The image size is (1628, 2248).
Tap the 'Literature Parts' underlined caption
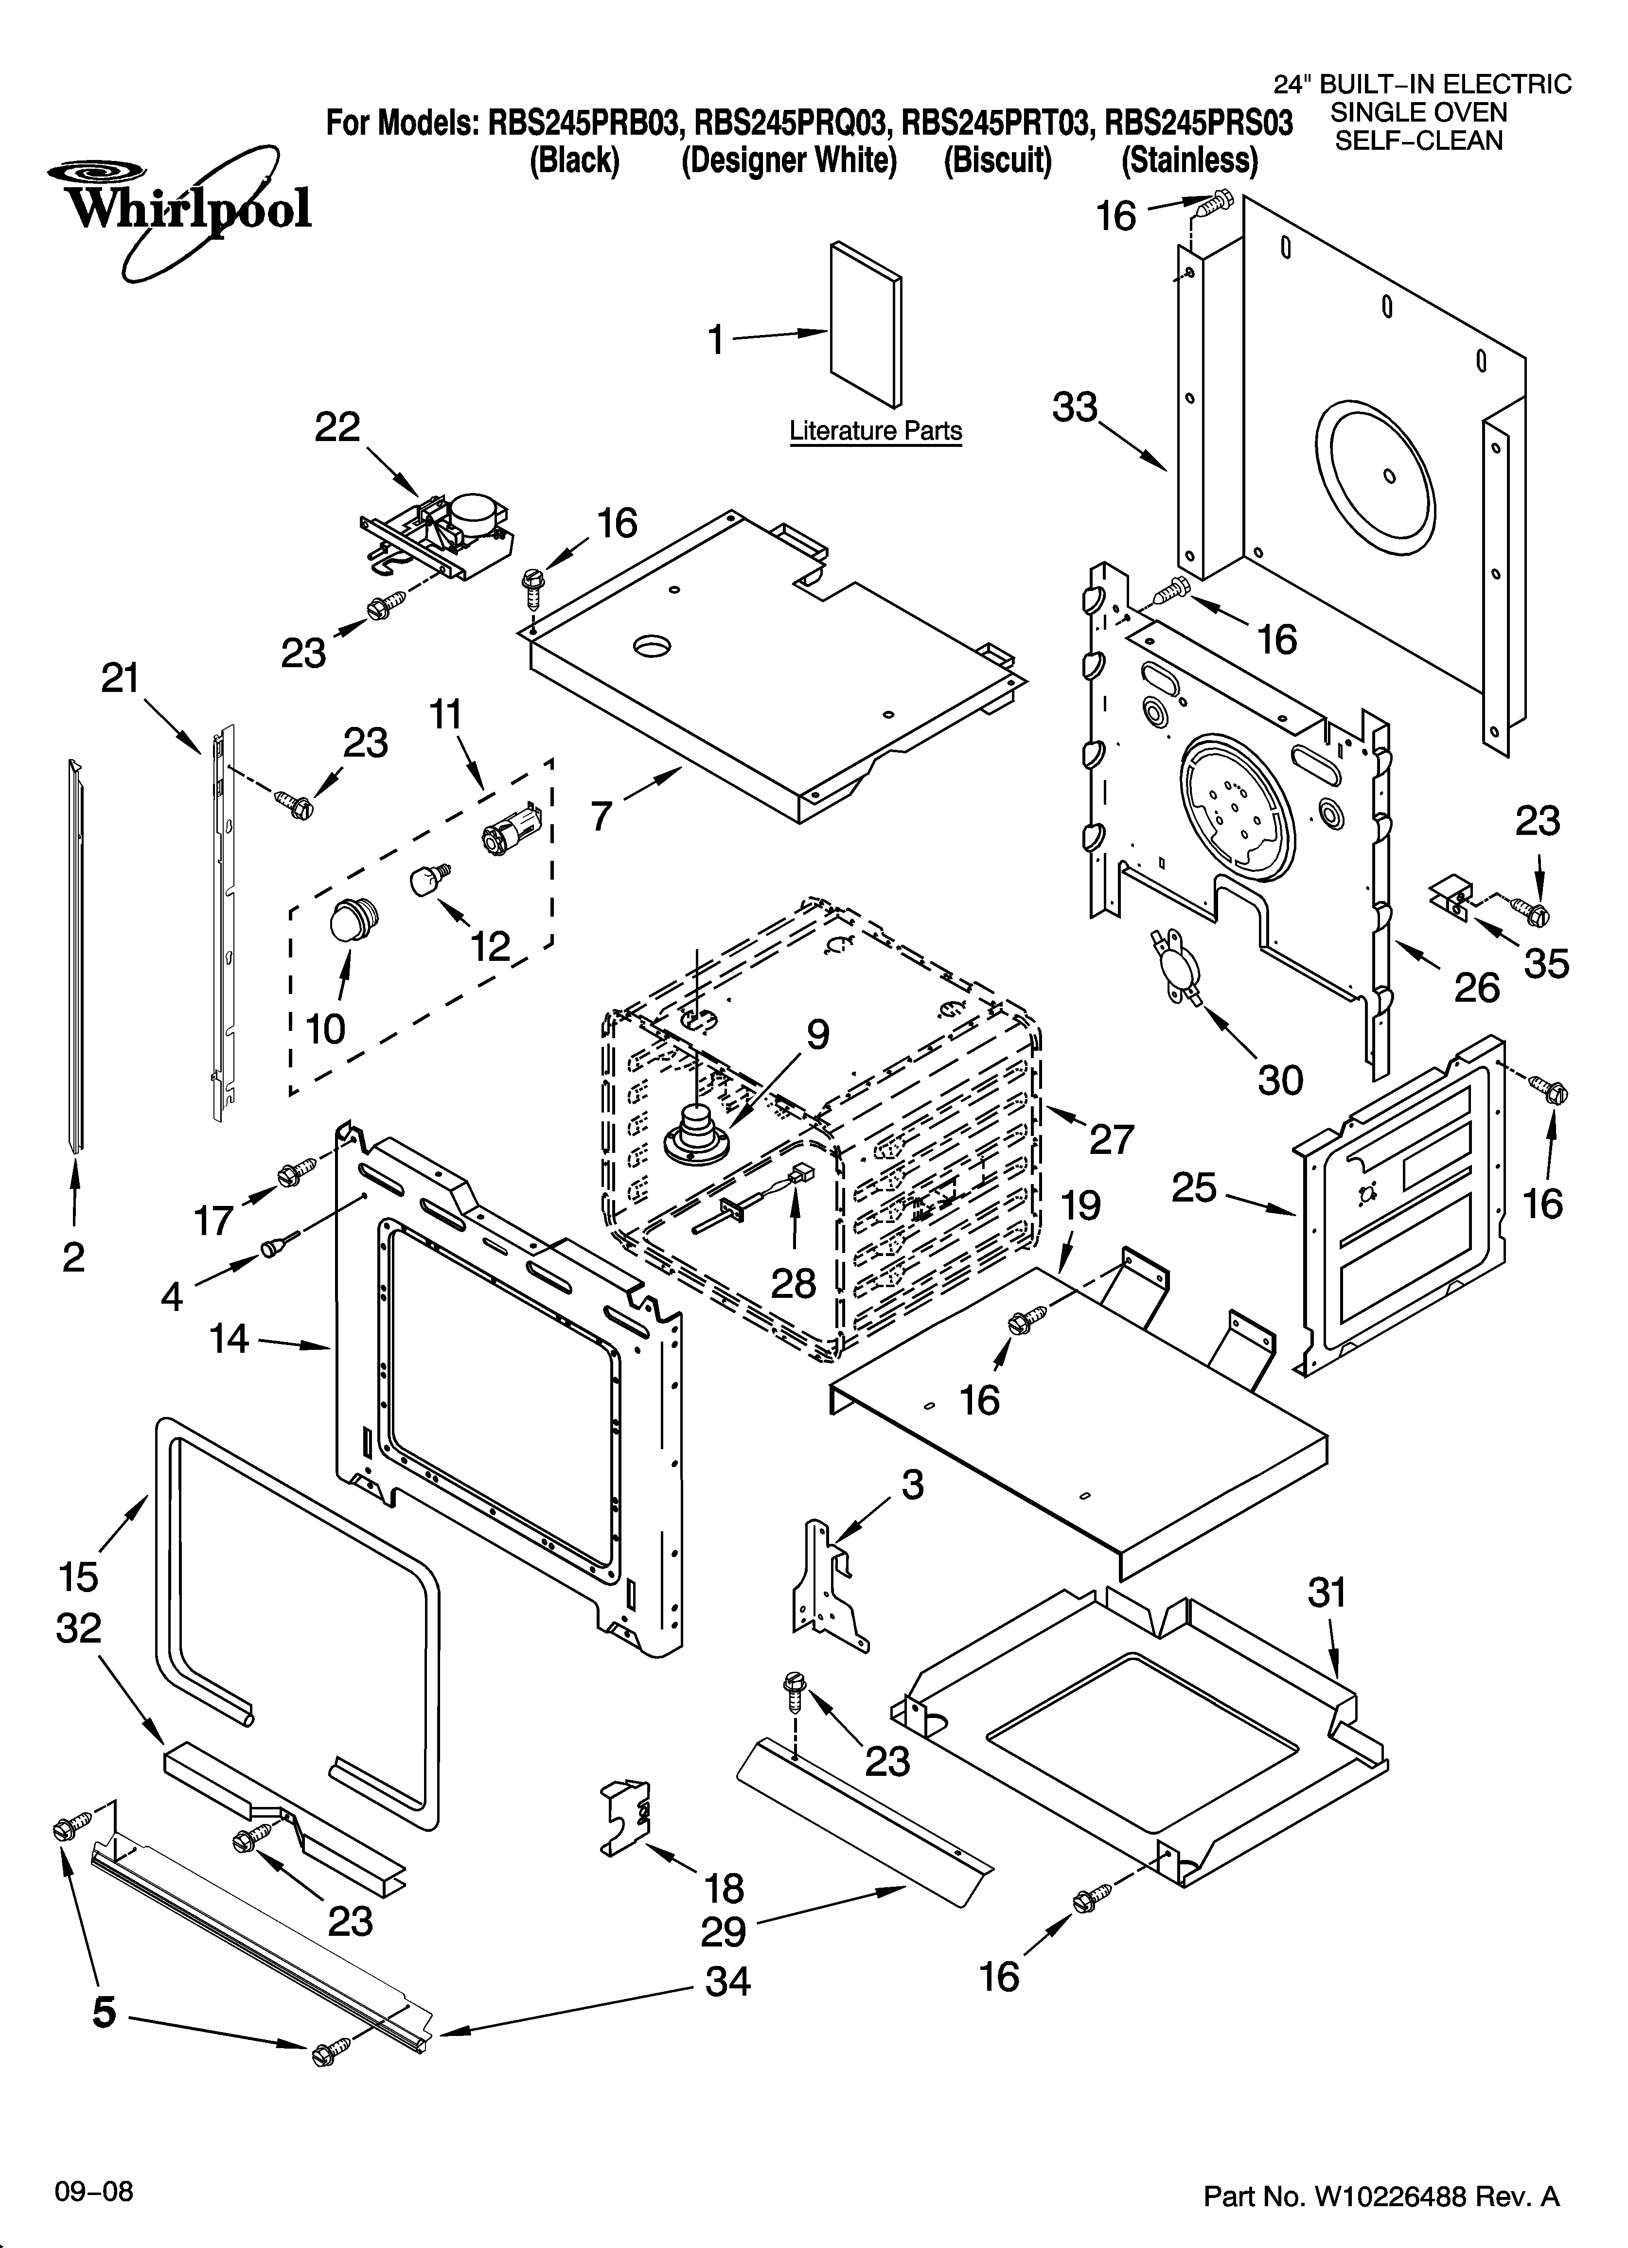[875, 431]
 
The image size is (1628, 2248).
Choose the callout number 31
[1327, 1593]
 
